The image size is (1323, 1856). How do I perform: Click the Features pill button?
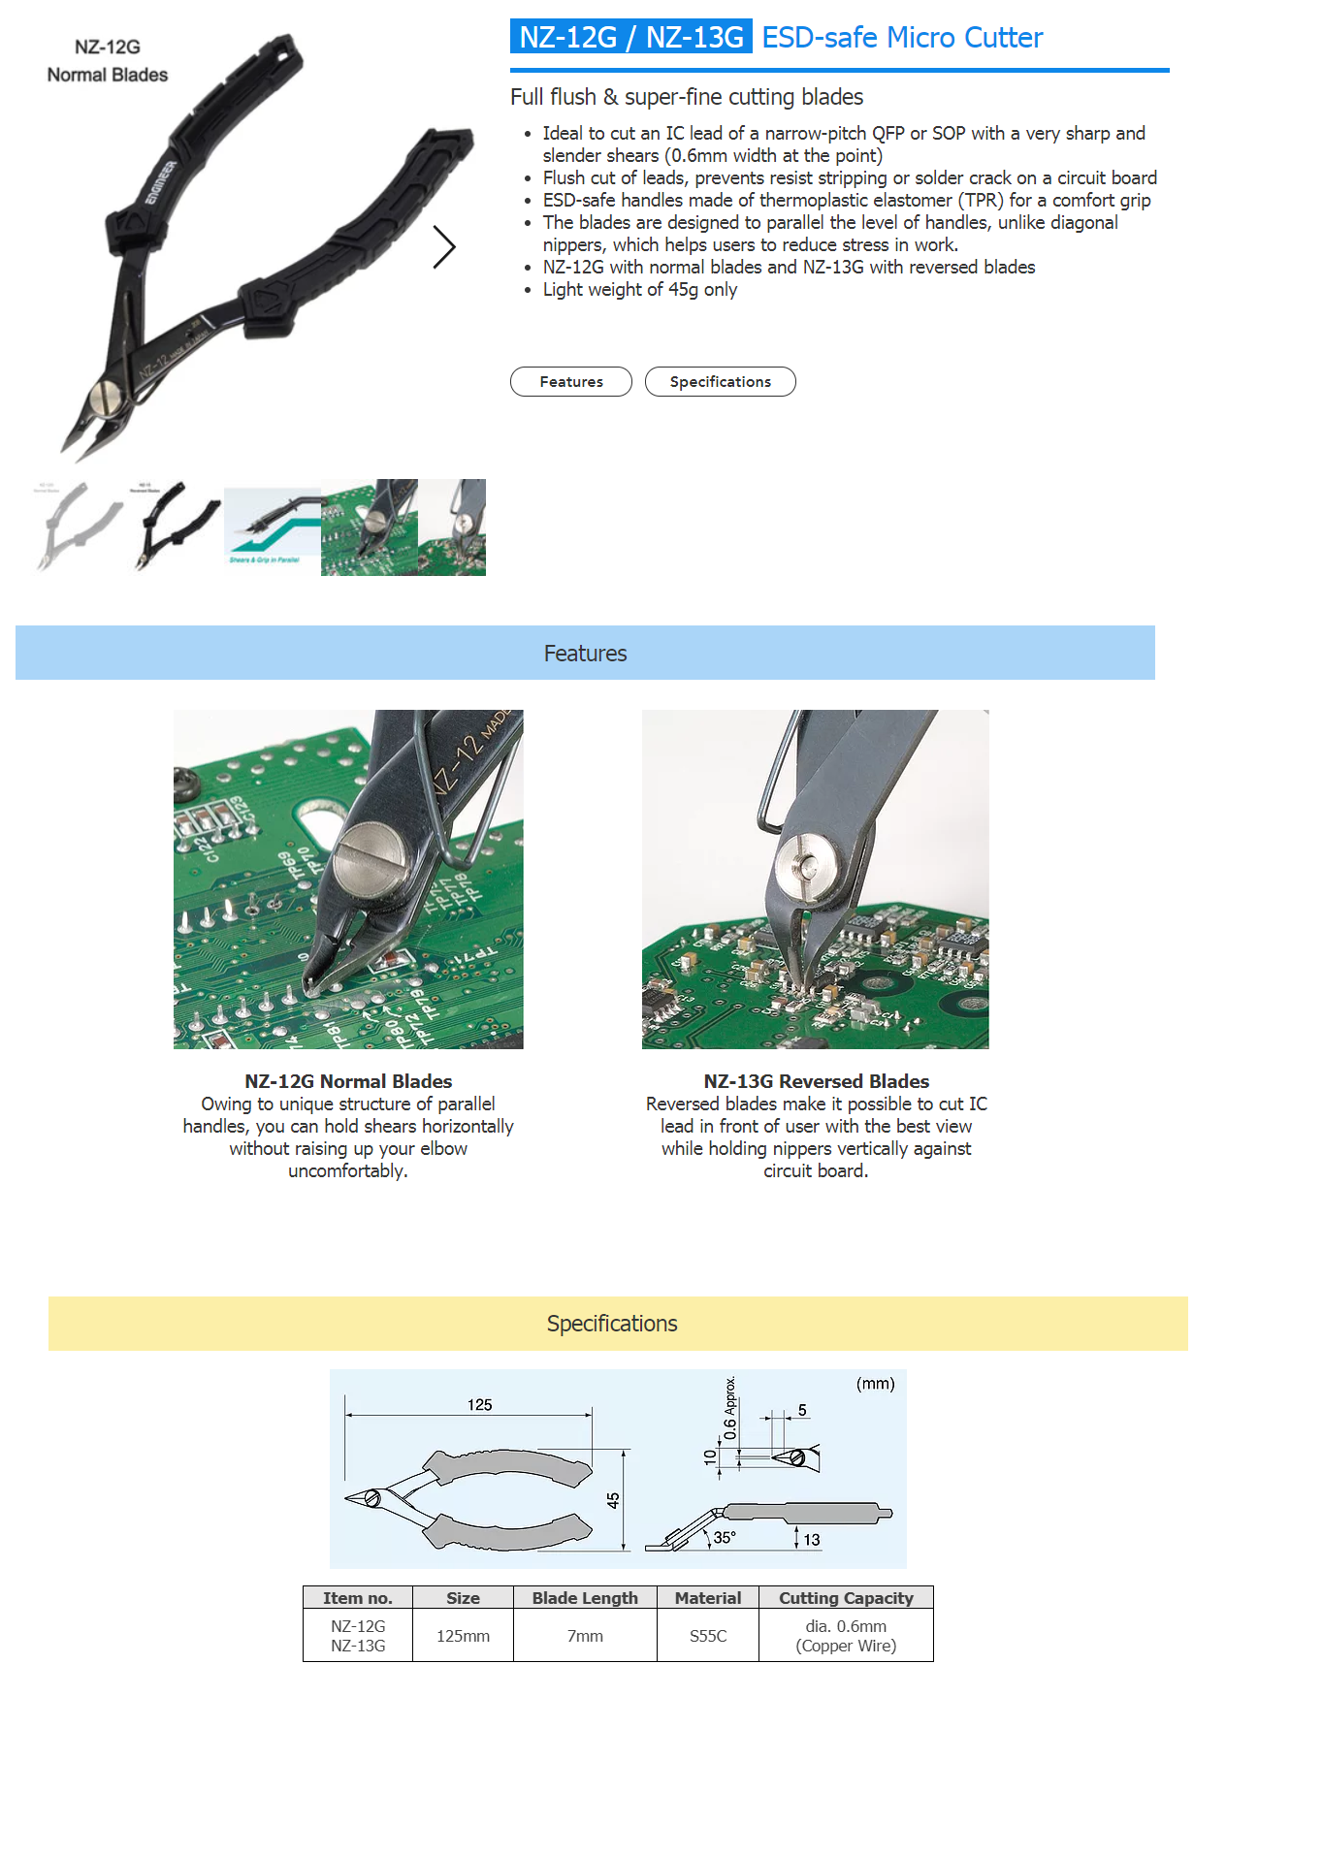(570, 382)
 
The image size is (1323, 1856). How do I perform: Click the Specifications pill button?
(720, 382)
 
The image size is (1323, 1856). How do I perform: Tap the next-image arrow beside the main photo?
(443, 246)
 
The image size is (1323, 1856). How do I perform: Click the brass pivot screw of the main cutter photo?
(105, 398)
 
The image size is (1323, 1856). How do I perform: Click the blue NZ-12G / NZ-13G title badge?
(630, 37)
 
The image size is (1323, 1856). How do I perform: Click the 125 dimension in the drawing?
(479, 1404)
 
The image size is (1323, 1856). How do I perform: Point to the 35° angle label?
(725, 1537)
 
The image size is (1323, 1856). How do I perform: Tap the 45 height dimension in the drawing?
(613, 1499)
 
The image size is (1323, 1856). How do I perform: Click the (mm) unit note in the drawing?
(875, 1384)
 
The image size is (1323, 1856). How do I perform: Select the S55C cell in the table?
(707, 1636)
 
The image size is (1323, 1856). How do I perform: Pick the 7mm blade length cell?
(585, 1636)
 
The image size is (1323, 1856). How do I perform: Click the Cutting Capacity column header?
(846, 1598)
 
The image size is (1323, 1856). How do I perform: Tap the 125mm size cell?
(463, 1636)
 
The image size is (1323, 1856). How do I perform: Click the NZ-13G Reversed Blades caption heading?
(816, 1081)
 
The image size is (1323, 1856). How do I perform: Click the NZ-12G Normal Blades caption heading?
(348, 1081)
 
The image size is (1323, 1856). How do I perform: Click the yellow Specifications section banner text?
(612, 1324)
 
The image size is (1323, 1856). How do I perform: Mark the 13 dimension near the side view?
(811, 1539)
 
